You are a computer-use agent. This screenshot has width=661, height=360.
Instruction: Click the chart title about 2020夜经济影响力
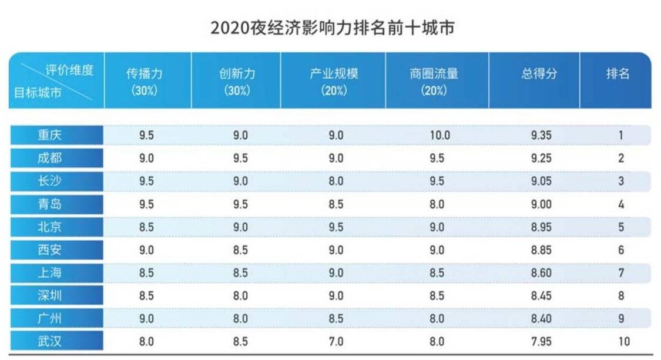[333, 28]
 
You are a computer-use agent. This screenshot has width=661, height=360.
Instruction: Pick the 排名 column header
[618, 74]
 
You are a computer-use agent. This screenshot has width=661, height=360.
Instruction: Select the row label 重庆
[58, 135]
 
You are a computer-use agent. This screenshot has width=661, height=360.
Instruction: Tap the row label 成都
[58, 158]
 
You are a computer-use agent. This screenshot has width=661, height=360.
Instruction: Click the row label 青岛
[58, 204]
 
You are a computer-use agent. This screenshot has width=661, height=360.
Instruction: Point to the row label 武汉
[58, 341]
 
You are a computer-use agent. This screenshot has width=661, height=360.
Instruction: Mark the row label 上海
[58, 272]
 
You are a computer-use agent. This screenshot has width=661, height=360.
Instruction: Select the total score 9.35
[541, 135]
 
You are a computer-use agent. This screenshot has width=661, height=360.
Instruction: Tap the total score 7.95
[541, 341]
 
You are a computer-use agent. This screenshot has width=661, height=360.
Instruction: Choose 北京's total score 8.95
[541, 227]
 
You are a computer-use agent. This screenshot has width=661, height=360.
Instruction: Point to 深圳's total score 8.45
[541, 295]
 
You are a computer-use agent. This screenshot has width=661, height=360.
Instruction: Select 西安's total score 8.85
[541, 250]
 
